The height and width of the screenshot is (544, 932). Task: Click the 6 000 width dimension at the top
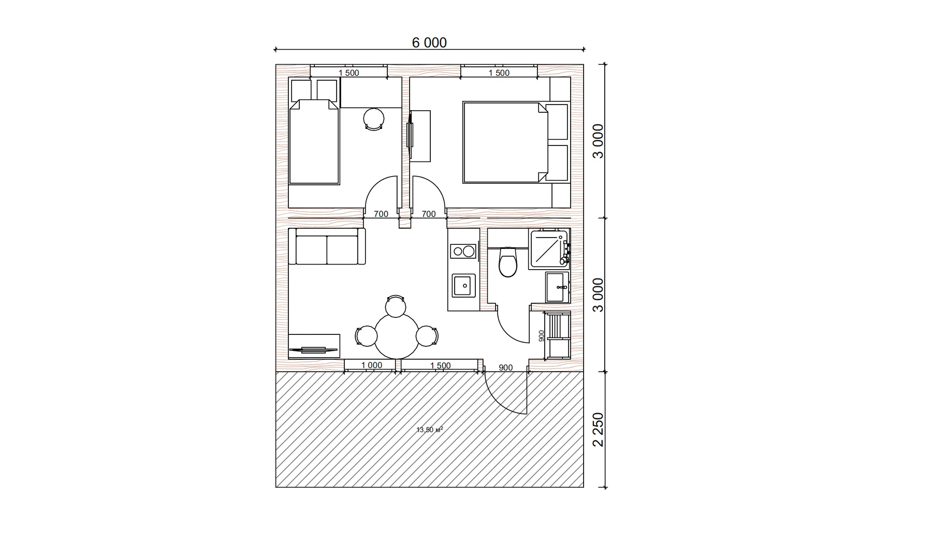pos(429,42)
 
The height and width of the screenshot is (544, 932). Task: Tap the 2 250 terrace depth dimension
pos(598,429)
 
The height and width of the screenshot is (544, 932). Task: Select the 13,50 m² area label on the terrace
pos(430,430)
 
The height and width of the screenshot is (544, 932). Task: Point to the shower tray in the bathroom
pos(548,249)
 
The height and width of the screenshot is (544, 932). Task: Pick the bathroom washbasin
pos(557,287)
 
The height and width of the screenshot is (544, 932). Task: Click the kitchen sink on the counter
pos(463,285)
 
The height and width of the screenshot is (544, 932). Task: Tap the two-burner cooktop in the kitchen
pos(463,252)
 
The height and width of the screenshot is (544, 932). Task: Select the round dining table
pos(397,336)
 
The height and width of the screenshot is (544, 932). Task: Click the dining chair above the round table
pos(396,306)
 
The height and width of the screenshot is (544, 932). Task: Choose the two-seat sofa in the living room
pos(327,247)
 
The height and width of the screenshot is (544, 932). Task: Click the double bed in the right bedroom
pos(505,142)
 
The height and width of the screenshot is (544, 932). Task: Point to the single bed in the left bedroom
pos(314,142)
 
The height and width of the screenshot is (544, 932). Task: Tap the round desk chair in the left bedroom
pos(374,119)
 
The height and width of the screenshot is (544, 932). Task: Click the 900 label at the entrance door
pos(505,368)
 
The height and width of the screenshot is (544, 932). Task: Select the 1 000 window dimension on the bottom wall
pos(372,365)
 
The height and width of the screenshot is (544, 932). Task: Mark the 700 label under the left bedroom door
pos(381,214)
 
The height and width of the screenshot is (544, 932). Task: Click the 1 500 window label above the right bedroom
pos(499,73)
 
